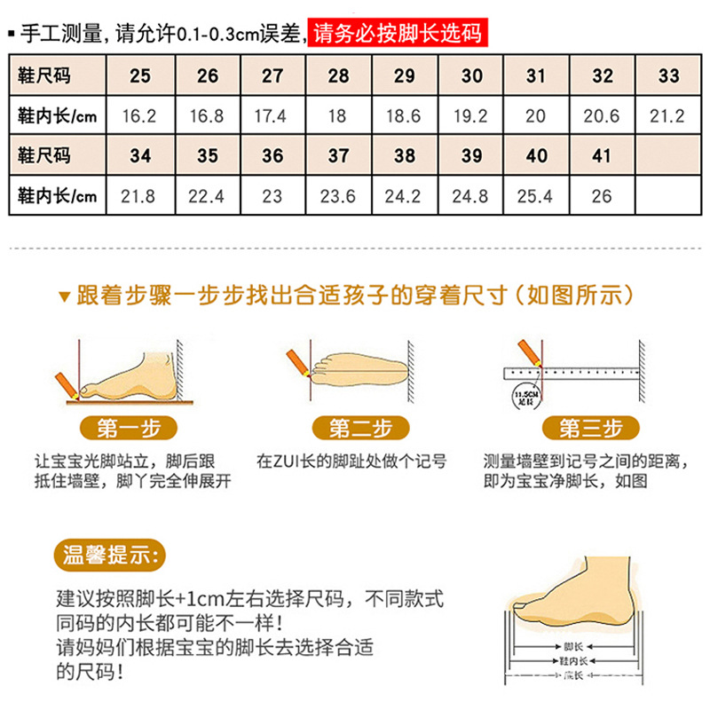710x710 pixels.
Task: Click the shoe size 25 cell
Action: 140,75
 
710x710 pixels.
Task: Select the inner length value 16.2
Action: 140,115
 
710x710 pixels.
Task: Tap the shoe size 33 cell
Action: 668,75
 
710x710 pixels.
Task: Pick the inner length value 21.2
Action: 668,115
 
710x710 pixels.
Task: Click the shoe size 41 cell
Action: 602,156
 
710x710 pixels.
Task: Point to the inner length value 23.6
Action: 338,196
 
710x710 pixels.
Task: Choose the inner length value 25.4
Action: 536,196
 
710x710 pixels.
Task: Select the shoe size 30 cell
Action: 470,75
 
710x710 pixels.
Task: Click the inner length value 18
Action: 338,115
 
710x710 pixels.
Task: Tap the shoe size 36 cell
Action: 272,156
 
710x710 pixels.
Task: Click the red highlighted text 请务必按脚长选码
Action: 398,35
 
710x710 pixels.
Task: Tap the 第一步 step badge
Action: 129,429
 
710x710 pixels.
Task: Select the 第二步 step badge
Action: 360,429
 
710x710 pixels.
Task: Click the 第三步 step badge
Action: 590,429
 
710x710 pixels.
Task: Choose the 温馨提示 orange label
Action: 110,556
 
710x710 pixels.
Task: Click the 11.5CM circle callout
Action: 519,395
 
